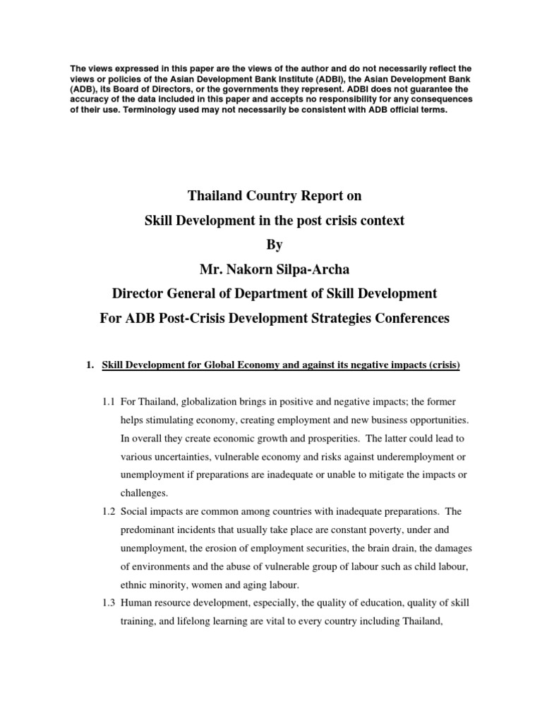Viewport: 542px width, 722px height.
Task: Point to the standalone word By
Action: tap(273, 244)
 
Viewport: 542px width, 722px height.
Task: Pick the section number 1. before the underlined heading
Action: tap(89, 365)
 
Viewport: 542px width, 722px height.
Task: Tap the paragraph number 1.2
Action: tap(108, 511)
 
